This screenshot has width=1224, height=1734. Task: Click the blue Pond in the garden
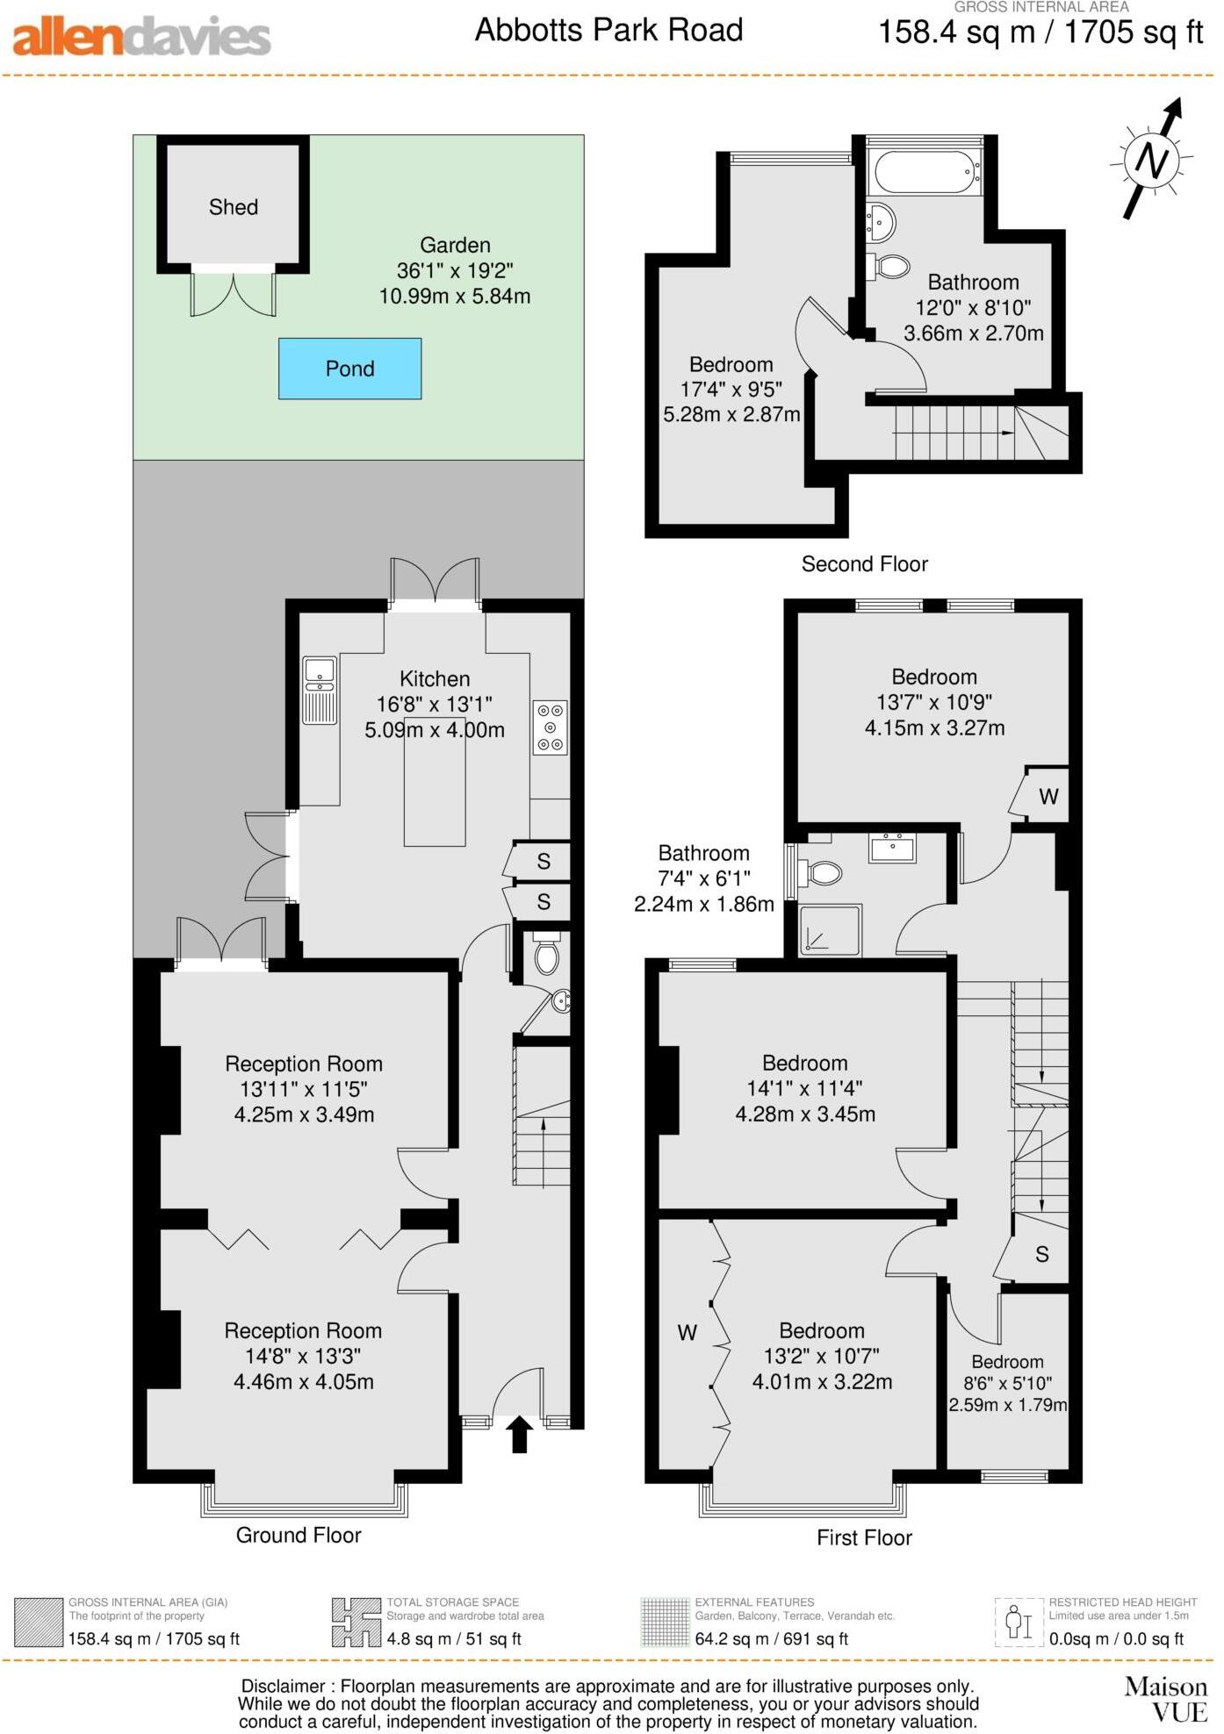(349, 369)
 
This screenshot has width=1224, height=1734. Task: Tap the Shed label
(234, 207)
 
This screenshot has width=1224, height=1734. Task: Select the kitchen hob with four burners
(551, 727)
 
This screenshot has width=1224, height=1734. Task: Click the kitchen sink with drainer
(320, 691)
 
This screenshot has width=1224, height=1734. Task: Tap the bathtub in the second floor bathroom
(925, 172)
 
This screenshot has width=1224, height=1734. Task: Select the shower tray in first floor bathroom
(830, 930)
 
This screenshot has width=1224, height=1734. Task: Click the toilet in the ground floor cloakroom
(546, 956)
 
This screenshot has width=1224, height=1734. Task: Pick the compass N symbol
(1151, 160)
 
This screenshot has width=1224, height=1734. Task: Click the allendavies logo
(140, 36)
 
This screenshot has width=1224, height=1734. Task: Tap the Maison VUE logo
(1166, 1699)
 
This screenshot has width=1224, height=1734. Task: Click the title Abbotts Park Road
(608, 31)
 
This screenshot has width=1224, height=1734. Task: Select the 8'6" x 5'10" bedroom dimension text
(1007, 1383)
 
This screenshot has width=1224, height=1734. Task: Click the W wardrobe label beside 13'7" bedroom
(1048, 797)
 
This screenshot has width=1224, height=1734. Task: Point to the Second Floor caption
(864, 564)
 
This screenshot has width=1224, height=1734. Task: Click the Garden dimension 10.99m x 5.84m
(455, 297)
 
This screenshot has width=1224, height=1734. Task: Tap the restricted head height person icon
(1019, 1623)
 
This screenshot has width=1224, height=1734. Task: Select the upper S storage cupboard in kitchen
(544, 862)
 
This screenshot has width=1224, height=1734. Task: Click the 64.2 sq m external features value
(771, 1638)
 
